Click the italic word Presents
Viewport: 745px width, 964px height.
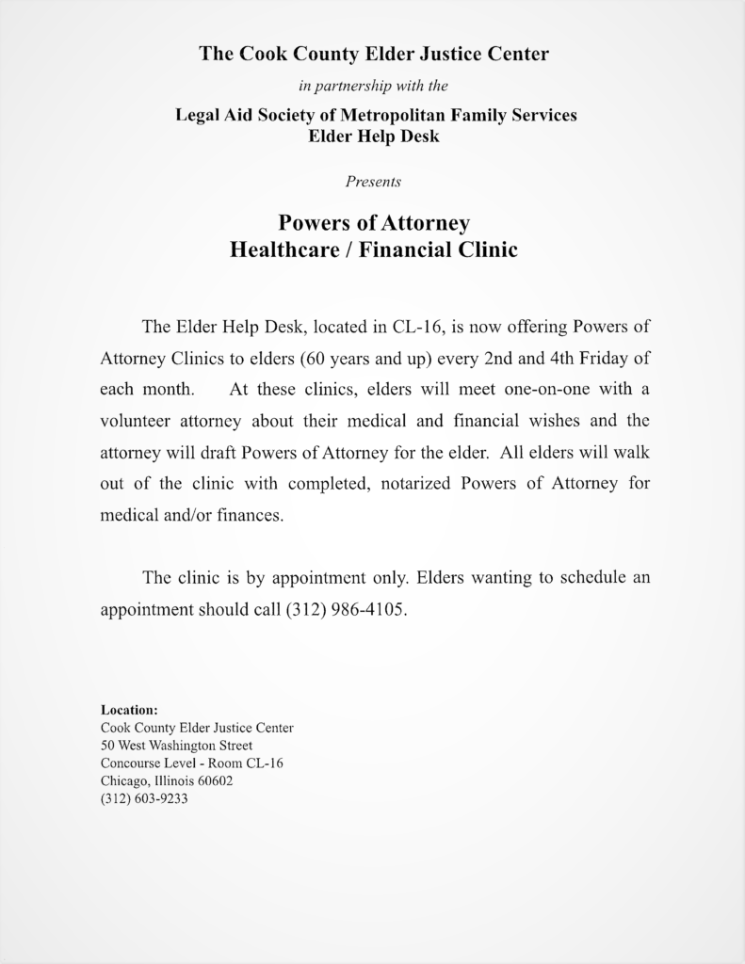(373, 182)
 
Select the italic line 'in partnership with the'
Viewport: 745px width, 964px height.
(373, 86)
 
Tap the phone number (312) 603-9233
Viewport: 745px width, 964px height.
(144, 798)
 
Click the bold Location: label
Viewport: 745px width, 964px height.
(129, 710)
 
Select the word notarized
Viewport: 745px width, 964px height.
(412, 484)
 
